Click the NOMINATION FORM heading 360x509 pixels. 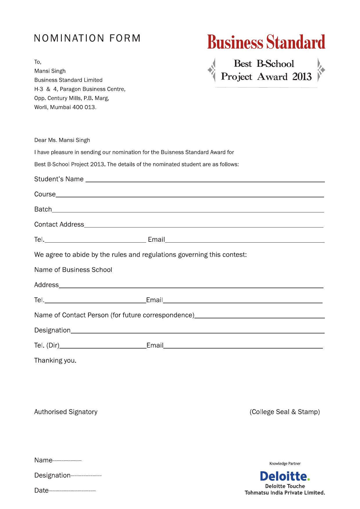pyautogui.click(x=87, y=38)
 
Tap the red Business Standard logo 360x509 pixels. pyautogui.click(x=266, y=42)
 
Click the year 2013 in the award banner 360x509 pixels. pyautogui.click(x=302, y=77)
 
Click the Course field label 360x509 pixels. pyautogui.click(x=45, y=194)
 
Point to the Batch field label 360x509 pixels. pyautogui.click(x=43, y=209)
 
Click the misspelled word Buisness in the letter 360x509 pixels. pyautogui.click(x=172, y=152)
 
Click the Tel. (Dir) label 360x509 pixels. pyautogui.click(x=47, y=345)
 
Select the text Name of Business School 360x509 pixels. pyautogui.click(x=73, y=270)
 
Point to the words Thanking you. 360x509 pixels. pyautogui.click(x=55, y=360)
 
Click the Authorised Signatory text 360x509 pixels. pyautogui.click(x=66, y=412)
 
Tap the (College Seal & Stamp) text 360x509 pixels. pyautogui.click(x=285, y=412)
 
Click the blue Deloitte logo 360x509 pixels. pyautogui.click(x=285, y=476)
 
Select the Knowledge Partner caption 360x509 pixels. pyautogui.click(x=285, y=463)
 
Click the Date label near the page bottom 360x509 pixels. pyautogui.click(x=41, y=490)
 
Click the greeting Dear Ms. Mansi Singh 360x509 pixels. pyautogui.click(x=62, y=140)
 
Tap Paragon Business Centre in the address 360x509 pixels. pyautogui.click(x=92, y=89)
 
